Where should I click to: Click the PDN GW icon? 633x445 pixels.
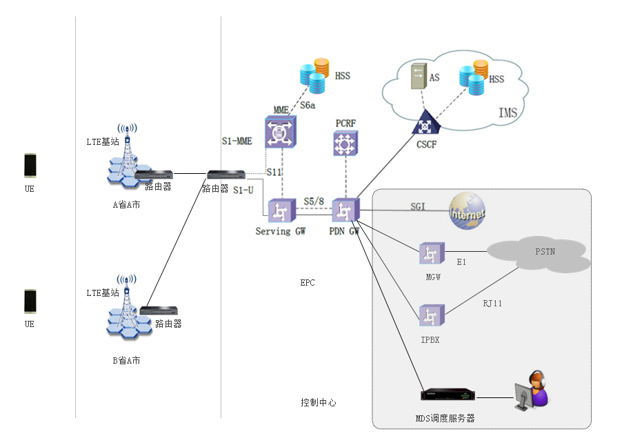[344, 210]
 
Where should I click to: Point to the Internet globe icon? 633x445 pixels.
[467, 210]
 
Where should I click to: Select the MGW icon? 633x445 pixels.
[432, 254]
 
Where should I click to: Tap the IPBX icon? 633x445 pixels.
[431, 315]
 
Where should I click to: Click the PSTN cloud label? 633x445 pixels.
[545, 252]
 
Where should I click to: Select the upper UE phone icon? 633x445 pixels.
[30, 166]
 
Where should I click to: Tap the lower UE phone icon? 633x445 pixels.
[30, 301]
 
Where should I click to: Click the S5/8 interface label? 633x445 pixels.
[314, 201]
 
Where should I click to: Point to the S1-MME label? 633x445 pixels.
[237, 141]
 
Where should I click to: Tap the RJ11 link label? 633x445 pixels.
[492, 302]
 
